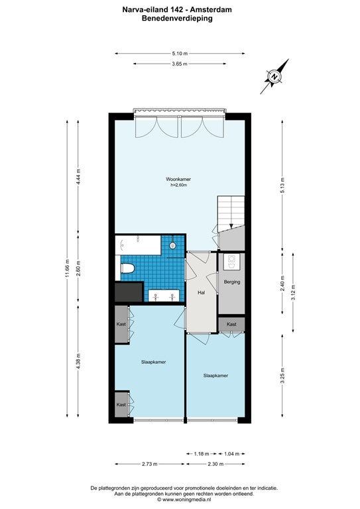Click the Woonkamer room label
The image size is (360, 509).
click(x=178, y=179)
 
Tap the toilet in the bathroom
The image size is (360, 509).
click(x=127, y=268)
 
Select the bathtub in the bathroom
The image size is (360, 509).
click(x=138, y=245)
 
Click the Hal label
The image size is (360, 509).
click(x=202, y=292)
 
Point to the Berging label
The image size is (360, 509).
click(x=232, y=282)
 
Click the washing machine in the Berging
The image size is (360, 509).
click(x=232, y=262)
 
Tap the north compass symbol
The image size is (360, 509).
click(x=274, y=77)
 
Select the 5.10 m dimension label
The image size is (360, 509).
click(x=180, y=54)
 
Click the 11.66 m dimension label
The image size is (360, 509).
click(x=67, y=269)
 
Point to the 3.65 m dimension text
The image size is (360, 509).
click(x=180, y=64)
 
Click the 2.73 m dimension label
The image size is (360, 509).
click(x=150, y=464)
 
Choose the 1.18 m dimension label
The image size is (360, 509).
click(x=202, y=454)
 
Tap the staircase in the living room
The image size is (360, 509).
click(x=231, y=213)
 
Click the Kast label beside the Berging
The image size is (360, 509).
click(x=231, y=324)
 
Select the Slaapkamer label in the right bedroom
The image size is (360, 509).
click(x=215, y=376)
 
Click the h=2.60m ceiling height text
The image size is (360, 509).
click(x=179, y=186)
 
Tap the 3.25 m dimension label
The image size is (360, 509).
click(x=282, y=376)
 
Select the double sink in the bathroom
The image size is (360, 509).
click(x=164, y=296)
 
